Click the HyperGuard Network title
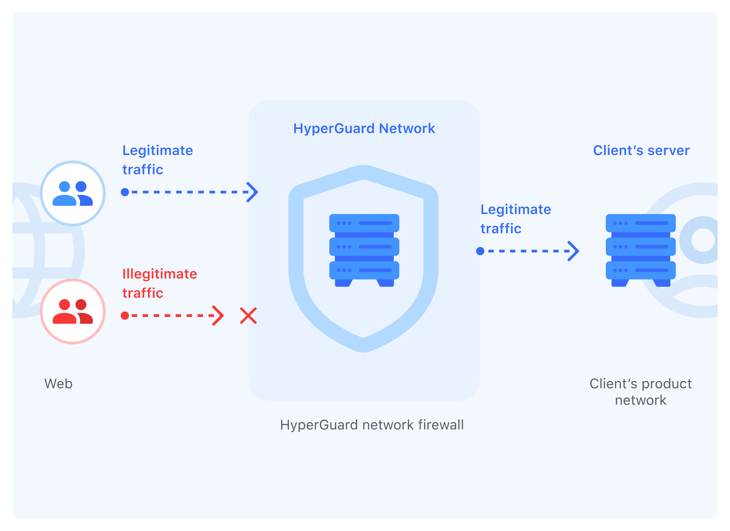(364, 129)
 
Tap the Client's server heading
(641, 151)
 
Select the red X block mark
(248, 316)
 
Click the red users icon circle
(73, 311)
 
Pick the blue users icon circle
(73, 193)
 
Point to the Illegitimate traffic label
(160, 283)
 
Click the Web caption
(58, 383)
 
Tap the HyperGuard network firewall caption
(372, 425)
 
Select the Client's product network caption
(640, 392)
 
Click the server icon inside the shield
(364, 250)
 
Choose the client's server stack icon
(640, 250)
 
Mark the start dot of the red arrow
(125, 316)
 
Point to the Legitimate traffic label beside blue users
(157, 160)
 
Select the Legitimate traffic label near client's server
(516, 219)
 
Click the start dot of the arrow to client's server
(480, 251)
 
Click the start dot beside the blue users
(125, 192)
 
